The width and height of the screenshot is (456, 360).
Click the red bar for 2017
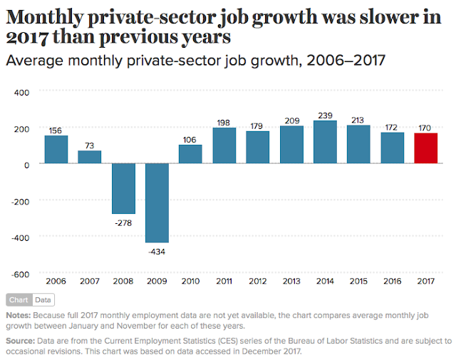pos(426,148)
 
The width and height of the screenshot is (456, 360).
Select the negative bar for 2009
pos(157,203)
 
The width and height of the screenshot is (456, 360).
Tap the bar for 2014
pos(325,143)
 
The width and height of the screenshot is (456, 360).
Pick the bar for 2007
pos(90,158)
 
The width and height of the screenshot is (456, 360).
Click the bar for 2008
pos(123,189)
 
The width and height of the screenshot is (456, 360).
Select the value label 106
pos(190,138)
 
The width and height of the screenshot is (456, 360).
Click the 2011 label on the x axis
pos(224,282)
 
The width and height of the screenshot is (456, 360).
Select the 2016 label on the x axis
pos(392,282)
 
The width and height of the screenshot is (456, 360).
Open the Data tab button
pos(43,300)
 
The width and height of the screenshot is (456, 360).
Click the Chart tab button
pos(19,300)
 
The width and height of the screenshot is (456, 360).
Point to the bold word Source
pos(19,340)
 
